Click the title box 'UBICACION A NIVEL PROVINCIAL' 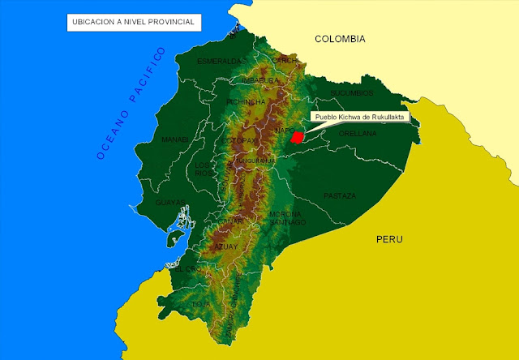tap(133, 22)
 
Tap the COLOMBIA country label tap(340, 39)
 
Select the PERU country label tap(389, 240)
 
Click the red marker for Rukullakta tap(298, 137)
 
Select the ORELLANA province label tap(358, 133)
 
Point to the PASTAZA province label tap(340, 196)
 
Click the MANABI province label tap(175, 139)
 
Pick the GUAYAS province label tap(171, 203)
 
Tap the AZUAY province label tap(225, 246)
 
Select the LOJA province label tap(201, 304)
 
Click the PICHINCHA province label tap(247, 103)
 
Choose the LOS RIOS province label tap(203, 169)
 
